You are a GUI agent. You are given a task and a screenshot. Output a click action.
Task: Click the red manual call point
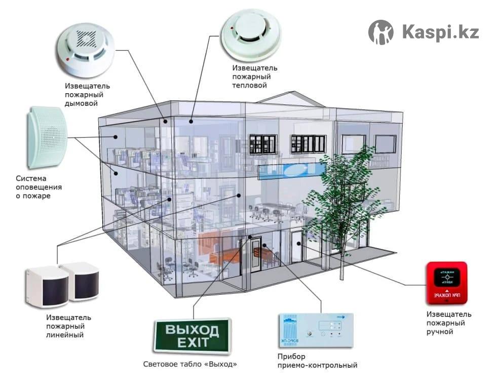(x=446, y=283)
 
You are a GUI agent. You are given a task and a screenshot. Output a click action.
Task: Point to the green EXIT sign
(x=192, y=336)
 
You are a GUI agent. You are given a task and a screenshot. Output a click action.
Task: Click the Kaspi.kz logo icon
(x=380, y=32)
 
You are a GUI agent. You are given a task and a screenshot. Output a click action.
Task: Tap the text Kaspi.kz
(x=440, y=32)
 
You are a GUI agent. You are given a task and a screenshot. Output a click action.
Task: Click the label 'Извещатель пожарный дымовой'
(x=87, y=95)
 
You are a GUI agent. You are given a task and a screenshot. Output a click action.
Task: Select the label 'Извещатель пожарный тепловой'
(x=255, y=76)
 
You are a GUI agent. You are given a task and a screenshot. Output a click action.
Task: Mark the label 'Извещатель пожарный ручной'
(x=448, y=323)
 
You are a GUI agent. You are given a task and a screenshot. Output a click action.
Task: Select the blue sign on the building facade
(x=292, y=170)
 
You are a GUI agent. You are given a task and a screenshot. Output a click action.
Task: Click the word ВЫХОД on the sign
(x=193, y=330)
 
